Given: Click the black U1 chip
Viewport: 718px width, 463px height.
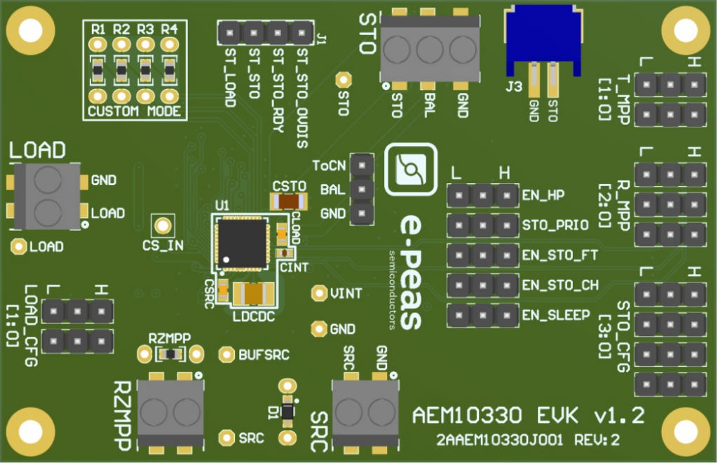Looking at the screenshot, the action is (x=242, y=243).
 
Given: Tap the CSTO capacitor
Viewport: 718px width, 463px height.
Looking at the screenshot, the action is (x=289, y=201).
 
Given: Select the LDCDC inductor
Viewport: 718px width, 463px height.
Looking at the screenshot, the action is (x=253, y=294).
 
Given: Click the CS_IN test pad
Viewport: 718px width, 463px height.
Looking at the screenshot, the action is (x=163, y=226).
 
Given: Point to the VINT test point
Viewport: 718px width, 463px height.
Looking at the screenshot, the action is (x=319, y=293).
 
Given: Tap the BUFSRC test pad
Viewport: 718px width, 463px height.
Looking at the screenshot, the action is (x=226, y=354).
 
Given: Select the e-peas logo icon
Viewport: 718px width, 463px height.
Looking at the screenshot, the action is (x=411, y=169).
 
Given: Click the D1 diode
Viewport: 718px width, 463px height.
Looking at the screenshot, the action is (x=287, y=412).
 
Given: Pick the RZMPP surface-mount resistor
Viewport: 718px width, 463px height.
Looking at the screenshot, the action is (x=170, y=354).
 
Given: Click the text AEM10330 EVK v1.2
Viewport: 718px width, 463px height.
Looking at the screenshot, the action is (x=529, y=415).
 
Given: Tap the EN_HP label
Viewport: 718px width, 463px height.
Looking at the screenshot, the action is (x=543, y=195).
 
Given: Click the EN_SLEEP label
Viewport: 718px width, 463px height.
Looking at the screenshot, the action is (x=556, y=315).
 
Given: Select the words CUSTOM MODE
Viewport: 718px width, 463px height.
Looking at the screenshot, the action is (x=135, y=112).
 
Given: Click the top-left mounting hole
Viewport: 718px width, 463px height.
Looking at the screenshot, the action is (x=31, y=31).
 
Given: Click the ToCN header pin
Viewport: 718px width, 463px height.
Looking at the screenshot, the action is (x=363, y=165).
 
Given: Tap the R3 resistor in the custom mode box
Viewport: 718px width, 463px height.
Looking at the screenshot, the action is (x=146, y=70).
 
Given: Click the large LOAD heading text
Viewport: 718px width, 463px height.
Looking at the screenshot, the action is (x=38, y=151).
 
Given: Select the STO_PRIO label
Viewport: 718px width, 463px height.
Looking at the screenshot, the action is (x=555, y=225).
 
